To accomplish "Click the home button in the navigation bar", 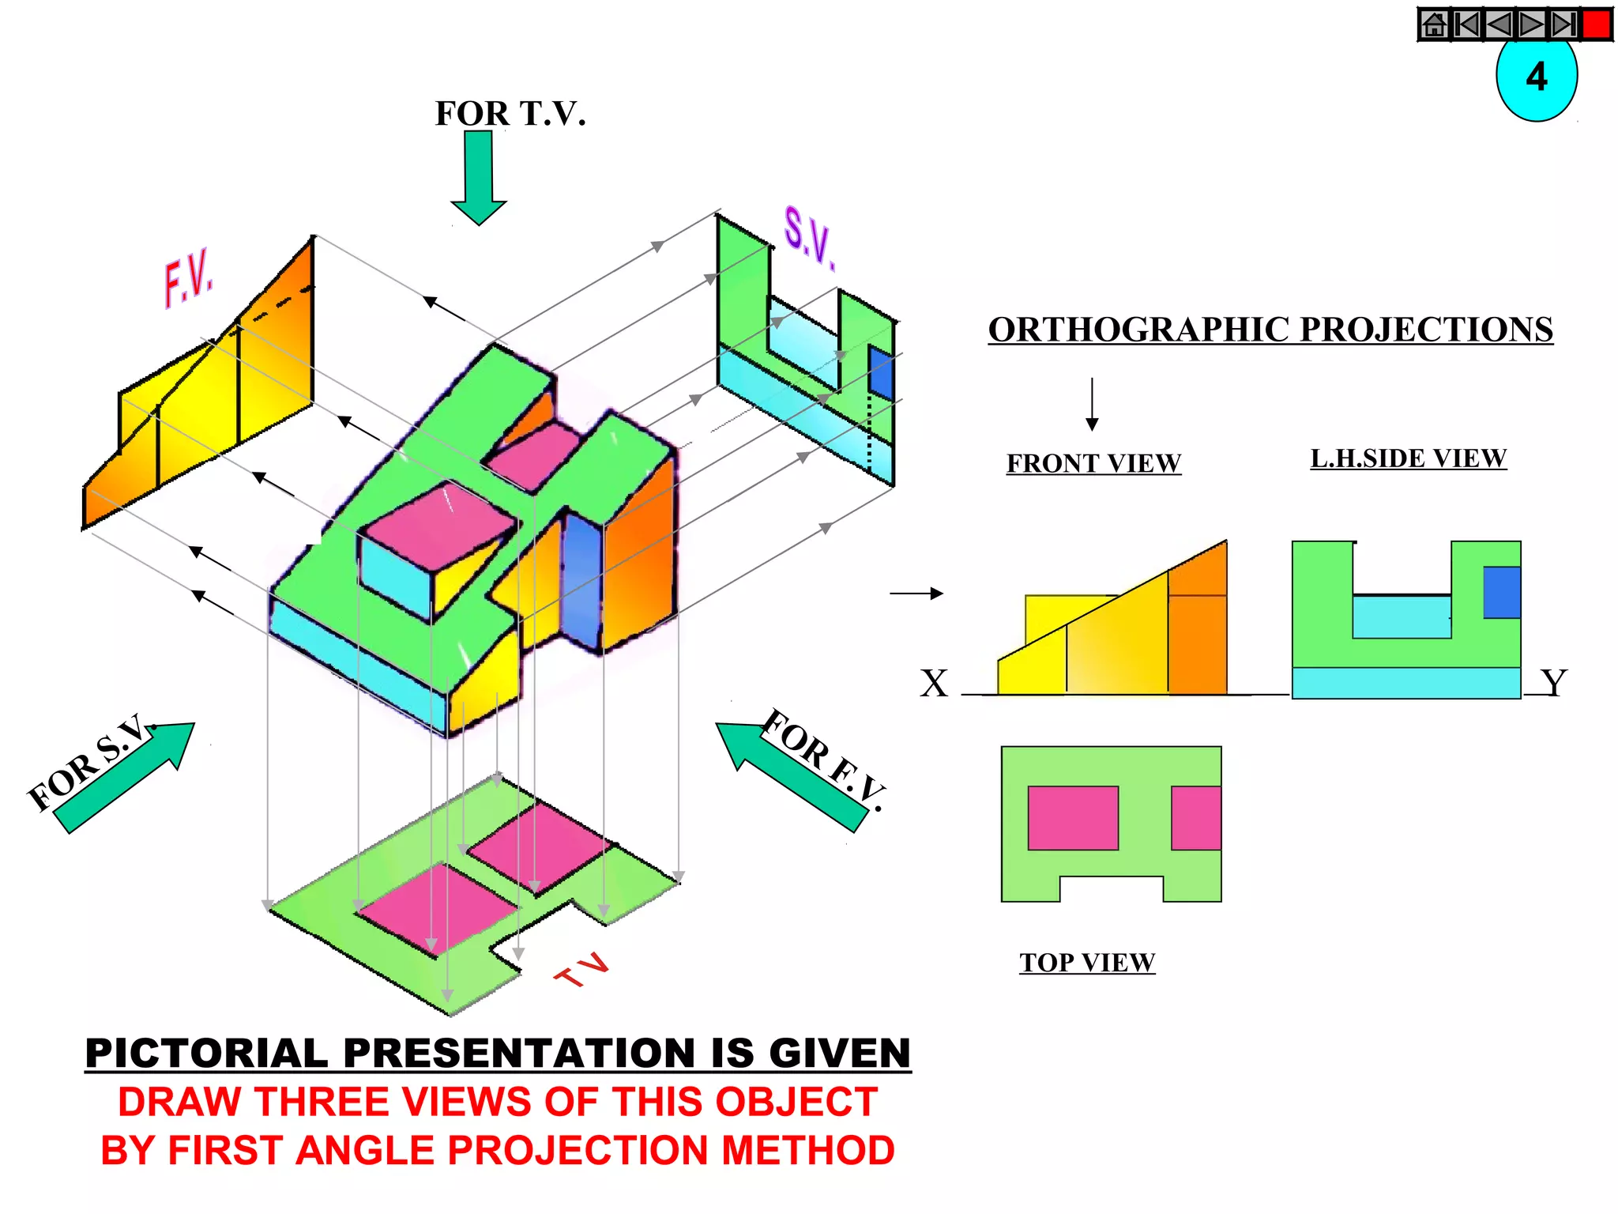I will pyautogui.click(x=1434, y=25).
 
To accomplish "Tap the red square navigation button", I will pyautogui.click(x=1596, y=25).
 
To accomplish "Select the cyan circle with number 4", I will pyautogui.click(x=1536, y=79).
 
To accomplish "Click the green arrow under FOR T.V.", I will pyautogui.click(x=479, y=177).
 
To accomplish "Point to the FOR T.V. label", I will pyautogui.click(x=510, y=114).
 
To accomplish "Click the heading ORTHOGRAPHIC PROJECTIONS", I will pyautogui.click(x=1270, y=330).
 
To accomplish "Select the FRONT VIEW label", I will pyautogui.click(x=1093, y=463).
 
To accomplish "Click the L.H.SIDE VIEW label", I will pyautogui.click(x=1408, y=458).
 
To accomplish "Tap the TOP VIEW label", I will pyautogui.click(x=1087, y=963).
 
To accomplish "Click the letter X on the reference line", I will pyautogui.click(x=934, y=684).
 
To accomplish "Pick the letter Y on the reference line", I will pyautogui.click(x=1553, y=683).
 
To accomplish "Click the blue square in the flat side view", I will pyautogui.click(x=1501, y=592).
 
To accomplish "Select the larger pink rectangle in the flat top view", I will pyautogui.click(x=1073, y=818).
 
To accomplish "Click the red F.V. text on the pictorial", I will pyautogui.click(x=189, y=277).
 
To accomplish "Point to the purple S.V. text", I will pyautogui.click(x=808, y=236).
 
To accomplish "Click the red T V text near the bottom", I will pyautogui.click(x=583, y=970).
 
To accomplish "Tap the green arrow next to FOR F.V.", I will pyautogui.click(x=790, y=775).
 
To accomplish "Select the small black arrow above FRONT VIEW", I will pyautogui.click(x=1092, y=404).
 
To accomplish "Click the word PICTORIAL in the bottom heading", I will pyautogui.click(x=206, y=1054).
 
